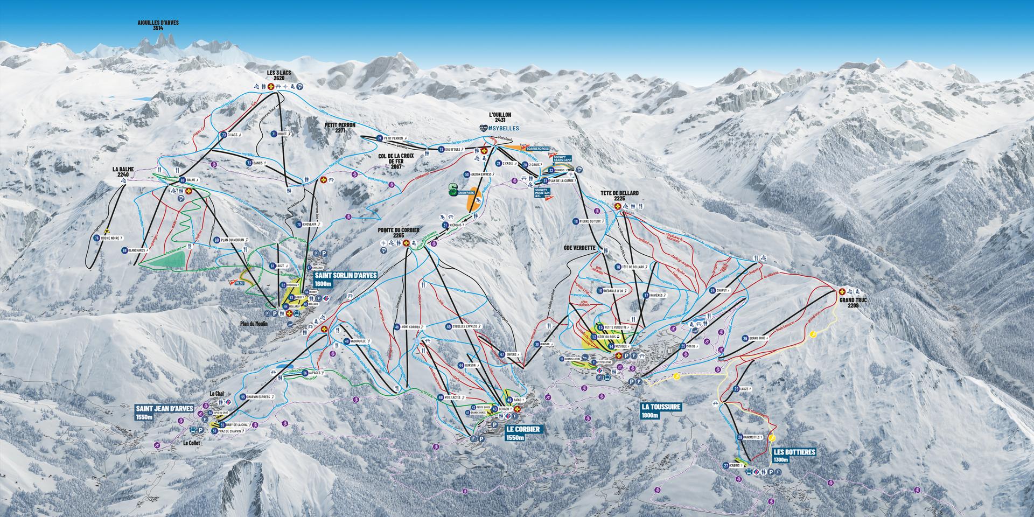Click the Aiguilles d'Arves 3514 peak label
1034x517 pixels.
click(158, 25)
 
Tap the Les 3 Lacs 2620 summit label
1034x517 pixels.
click(279, 74)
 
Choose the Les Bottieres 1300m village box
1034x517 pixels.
click(794, 456)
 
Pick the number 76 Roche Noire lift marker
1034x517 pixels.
click(97, 237)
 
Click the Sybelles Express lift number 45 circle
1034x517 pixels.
click(449, 326)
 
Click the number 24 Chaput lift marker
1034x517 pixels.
click(712, 290)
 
